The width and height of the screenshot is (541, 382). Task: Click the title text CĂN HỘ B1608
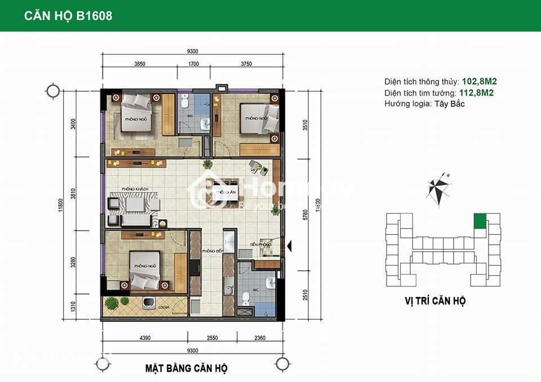[x=68, y=16]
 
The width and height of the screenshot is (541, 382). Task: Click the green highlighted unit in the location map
[x=479, y=221]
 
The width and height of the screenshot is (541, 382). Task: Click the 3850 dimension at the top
[x=140, y=64]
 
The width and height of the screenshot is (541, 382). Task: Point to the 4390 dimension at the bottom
[x=145, y=339]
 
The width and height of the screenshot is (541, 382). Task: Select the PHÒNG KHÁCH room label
[x=134, y=189]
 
